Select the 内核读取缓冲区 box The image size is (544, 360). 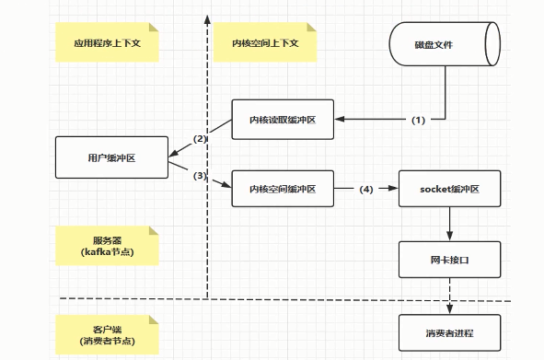[282, 120]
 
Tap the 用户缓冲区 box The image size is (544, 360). [110, 157]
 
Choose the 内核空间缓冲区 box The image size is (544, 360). [282, 189]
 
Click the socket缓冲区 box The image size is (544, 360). [449, 189]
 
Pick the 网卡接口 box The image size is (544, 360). [449, 260]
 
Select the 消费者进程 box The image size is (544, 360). [449, 331]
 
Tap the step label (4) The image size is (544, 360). [366, 190]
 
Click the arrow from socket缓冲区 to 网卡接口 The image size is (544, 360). [449, 224]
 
